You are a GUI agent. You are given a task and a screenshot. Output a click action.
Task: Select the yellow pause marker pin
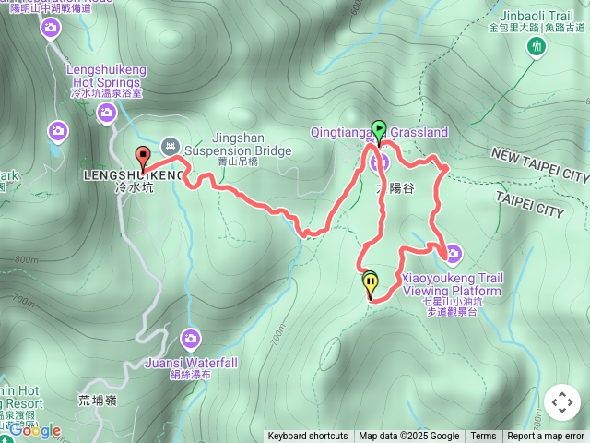pos(371,286)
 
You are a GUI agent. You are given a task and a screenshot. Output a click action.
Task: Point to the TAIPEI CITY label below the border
pos(529,204)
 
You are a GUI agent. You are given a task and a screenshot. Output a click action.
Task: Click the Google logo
pos(35,430)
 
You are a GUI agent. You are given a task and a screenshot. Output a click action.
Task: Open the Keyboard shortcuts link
pos(308,437)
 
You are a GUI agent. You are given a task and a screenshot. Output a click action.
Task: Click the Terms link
pos(483,437)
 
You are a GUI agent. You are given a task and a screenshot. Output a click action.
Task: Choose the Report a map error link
pos(547,437)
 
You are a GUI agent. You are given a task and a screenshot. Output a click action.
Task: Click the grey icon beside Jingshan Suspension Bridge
pos(171,145)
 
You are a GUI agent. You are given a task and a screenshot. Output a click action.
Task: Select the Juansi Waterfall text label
pos(191,363)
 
